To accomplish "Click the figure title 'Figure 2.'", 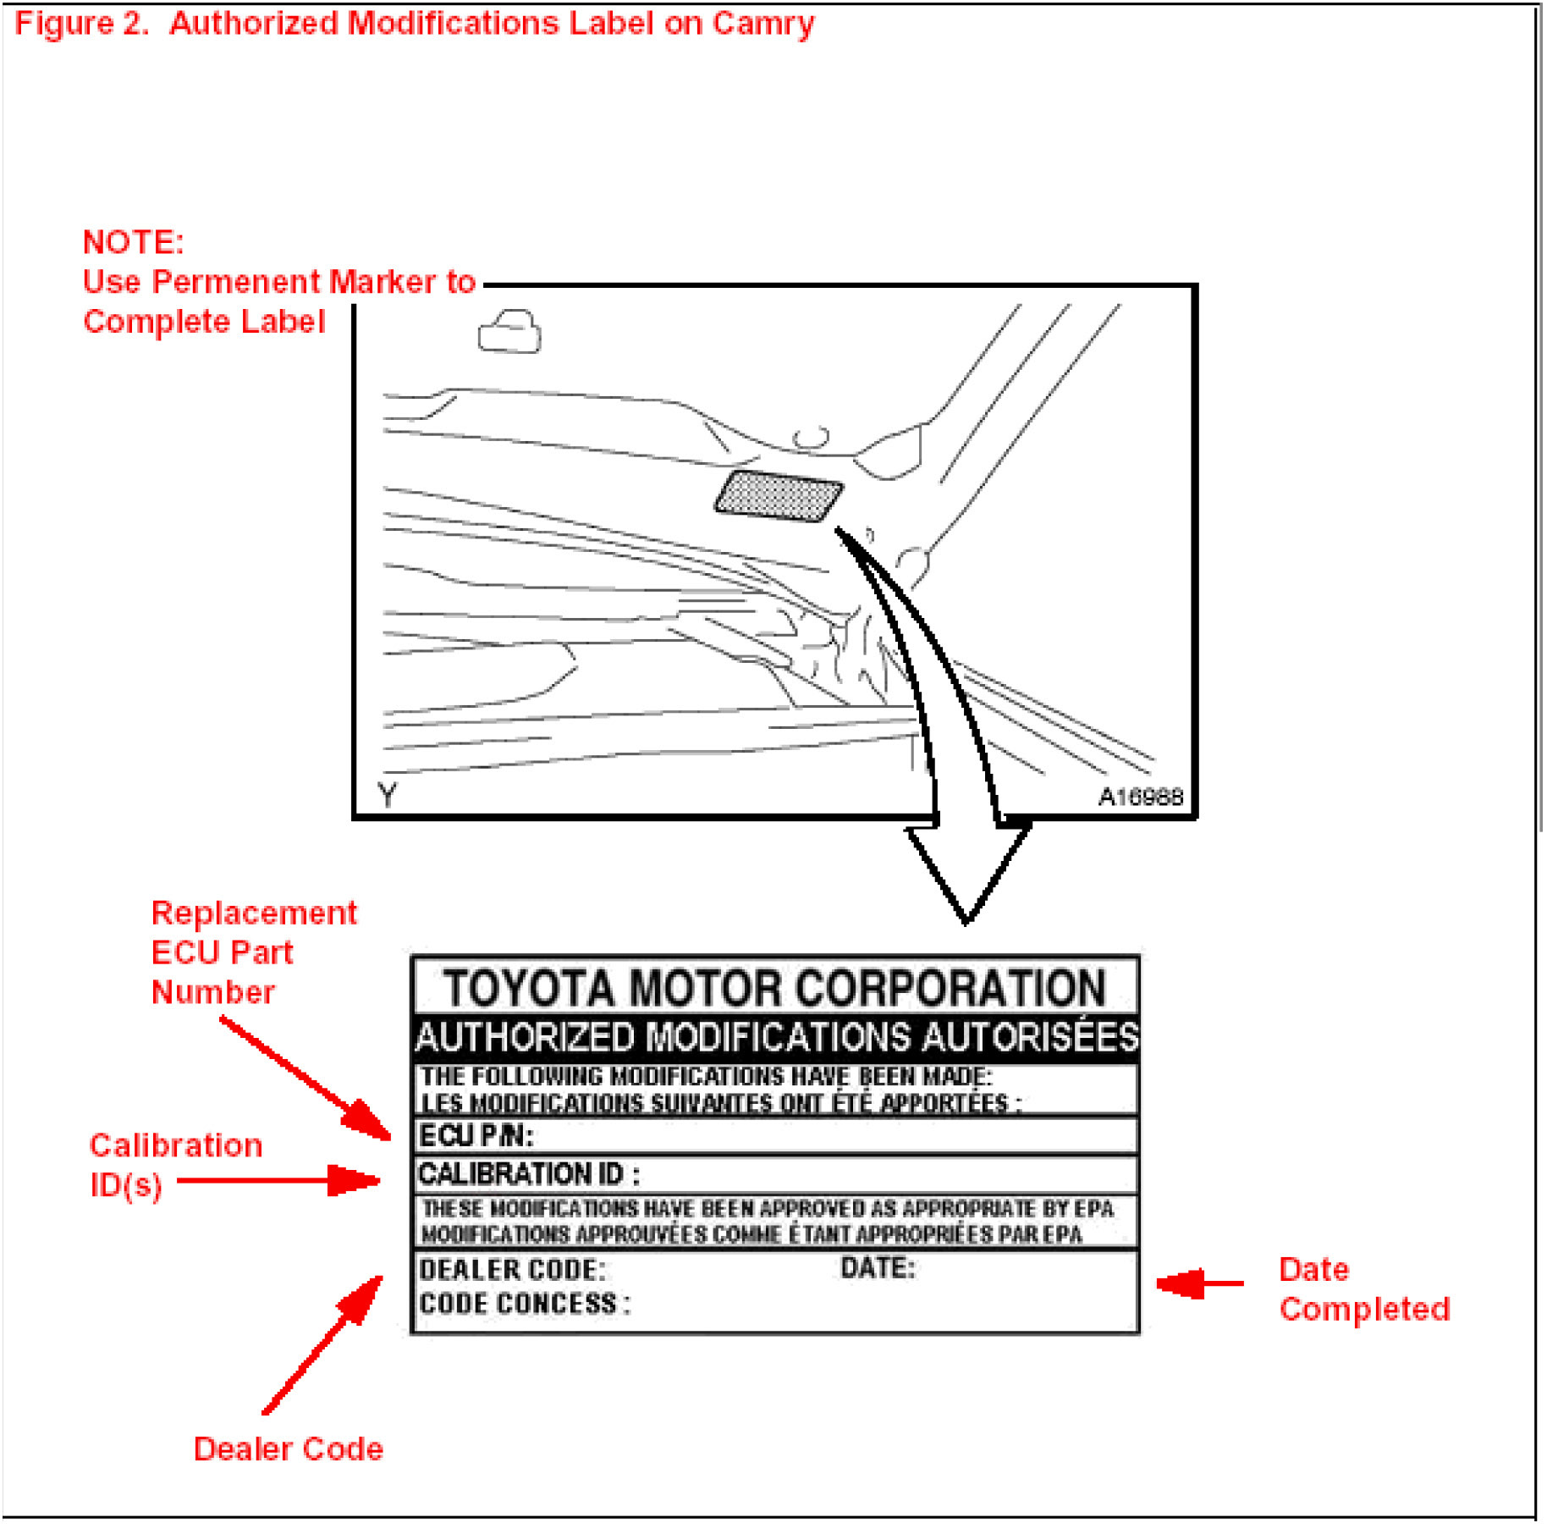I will [x=82, y=24].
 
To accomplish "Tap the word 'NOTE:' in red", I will [x=133, y=242].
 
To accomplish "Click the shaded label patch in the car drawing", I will [x=779, y=495].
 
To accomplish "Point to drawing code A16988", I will [x=1140, y=797].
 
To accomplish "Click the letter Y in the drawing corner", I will [x=387, y=795].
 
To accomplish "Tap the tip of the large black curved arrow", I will [x=966, y=919].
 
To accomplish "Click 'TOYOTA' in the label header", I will [x=529, y=988].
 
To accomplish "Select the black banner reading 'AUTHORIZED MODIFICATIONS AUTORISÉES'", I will [x=776, y=1037].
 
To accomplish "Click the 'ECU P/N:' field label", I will [x=476, y=1135].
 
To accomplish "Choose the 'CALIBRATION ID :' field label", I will [x=529, y=1174].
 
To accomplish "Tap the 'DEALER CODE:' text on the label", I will [x=512, y=1270].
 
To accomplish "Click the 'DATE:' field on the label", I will [x=878, y=1267].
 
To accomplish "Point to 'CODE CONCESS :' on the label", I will [x=525, y=1304].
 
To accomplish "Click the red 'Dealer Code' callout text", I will [x=288, y=1448].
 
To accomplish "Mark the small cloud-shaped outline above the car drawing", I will [x=509, y=332].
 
